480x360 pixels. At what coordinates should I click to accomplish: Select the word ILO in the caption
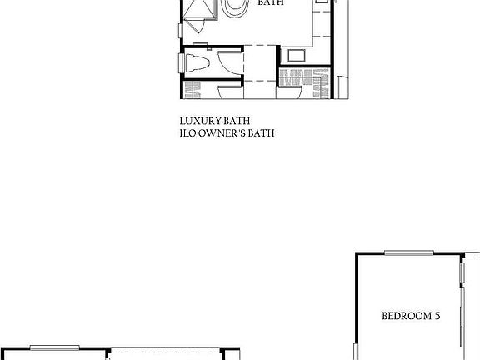click(x=187, y=132)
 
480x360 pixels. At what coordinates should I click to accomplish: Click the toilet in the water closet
click(x=197, y=63)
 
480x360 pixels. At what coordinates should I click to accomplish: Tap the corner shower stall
click(x=200, y=11)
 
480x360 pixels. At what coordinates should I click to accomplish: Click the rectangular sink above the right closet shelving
click(x=296, y=57)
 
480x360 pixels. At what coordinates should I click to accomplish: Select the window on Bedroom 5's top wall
click(x=408, y=252)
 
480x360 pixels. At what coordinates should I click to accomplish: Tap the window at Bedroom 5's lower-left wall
click(x=354, y=352)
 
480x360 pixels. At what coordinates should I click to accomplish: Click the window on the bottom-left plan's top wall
click(x=55, y=347)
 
